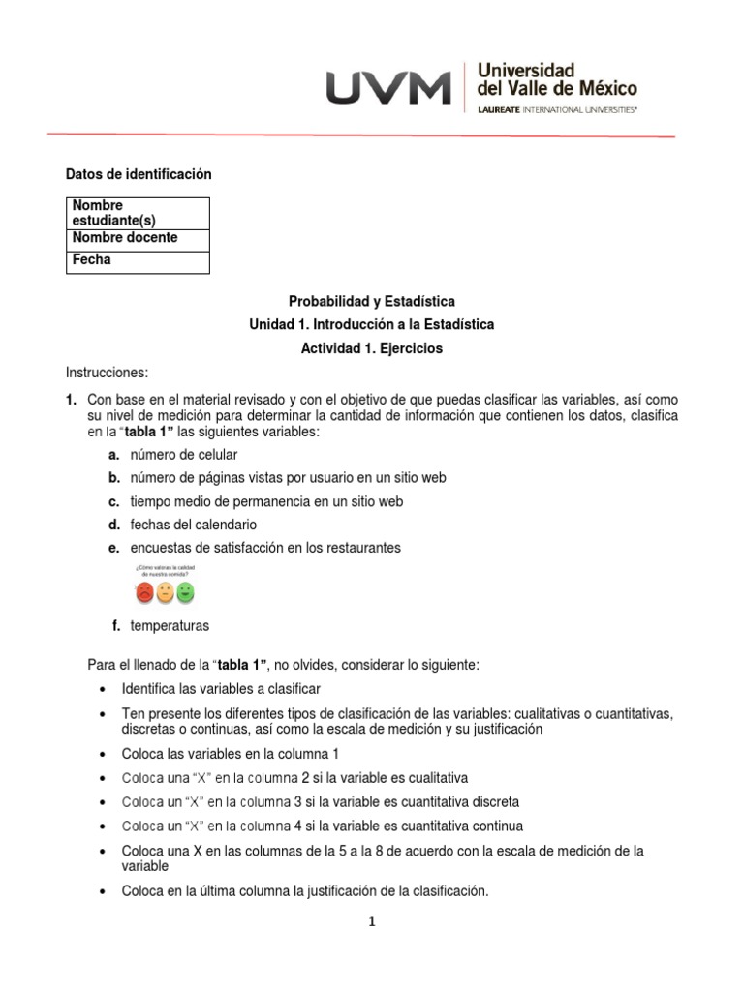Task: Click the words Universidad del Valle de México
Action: click(x=557, y=79)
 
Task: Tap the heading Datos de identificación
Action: click(x=138, y=174)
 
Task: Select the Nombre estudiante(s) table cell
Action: click(x=138, y=213)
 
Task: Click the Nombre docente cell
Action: click(x=138, y=238)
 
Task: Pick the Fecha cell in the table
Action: click(x=138, y=260)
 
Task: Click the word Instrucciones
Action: click(x=106, y=373)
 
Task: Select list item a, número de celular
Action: click(x=184, y=454)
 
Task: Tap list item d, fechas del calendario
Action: click(x=194, y=525)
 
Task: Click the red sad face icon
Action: click(x=144, y=591)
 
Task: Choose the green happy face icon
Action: click(x=186, y=591)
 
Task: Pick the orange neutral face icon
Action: click(x=166, y=591)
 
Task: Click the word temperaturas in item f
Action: click(x=170, y=626)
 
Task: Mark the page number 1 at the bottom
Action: click(x=371, y=922)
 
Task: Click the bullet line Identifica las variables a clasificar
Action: click(x=221, y=689)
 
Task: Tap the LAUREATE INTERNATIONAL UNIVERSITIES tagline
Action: click(x=558, y=111)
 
